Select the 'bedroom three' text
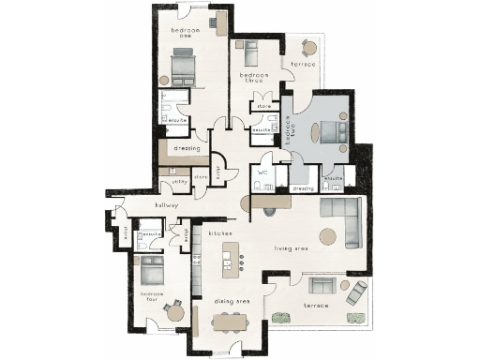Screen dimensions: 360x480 255,78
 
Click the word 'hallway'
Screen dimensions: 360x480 142,206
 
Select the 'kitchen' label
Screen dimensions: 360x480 220,232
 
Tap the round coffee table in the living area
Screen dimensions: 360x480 327,235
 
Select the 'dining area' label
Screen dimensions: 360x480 230,301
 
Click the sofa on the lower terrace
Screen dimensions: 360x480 358,293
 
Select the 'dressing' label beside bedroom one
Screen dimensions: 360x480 187,147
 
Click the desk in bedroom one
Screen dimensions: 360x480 221,22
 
